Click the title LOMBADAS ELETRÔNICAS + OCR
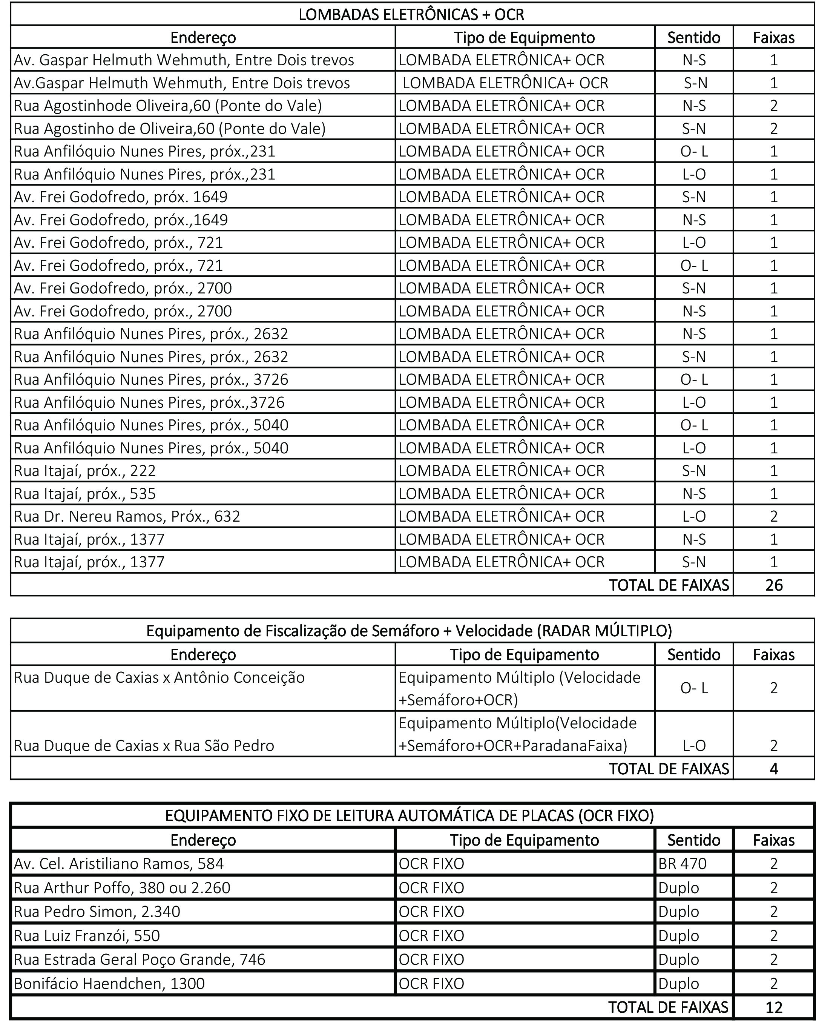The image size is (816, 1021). (411, 15)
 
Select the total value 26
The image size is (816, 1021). (773, 585)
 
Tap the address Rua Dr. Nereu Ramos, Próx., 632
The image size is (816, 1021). (127, 516)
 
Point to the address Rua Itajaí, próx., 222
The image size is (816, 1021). (85, 471)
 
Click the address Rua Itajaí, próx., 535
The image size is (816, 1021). (85, 493)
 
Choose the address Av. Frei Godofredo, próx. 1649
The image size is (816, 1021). (121, 197)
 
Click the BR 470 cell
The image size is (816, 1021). (682, 863)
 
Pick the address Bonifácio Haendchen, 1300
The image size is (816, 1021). (109, 983)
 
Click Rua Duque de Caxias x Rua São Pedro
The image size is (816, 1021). (144, 745)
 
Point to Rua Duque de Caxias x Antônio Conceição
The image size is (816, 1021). (159, 677)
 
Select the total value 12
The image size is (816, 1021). (773, 1007)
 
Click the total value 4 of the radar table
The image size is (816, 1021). (773, 768)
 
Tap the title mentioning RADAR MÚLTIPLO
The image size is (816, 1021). (409, 631)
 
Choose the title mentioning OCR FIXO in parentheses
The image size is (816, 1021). (409, 815)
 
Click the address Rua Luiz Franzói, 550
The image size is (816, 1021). (87, 935)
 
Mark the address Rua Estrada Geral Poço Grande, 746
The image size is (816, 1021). (140, 959)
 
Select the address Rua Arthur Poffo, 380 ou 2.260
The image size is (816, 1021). (122, 887)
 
